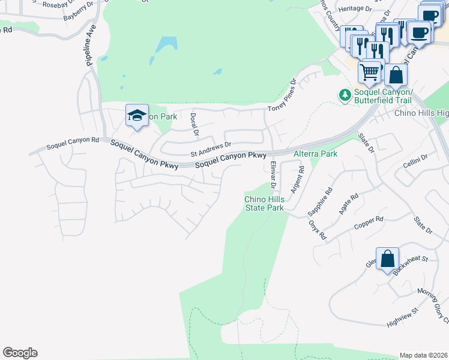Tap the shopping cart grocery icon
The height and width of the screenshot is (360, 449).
tap(370, 73)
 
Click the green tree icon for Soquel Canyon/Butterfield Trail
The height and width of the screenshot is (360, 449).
tap(345, 95)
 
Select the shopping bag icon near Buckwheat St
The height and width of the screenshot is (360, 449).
tap(388, 259)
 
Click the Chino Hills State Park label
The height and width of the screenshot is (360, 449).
tap(264, 203)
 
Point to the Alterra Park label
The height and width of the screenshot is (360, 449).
tap(315, 154)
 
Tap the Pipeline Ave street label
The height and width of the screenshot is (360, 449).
tap(91, 45)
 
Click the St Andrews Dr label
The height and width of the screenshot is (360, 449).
tap(211, 149)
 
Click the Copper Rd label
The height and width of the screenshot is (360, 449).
tap(369, 223)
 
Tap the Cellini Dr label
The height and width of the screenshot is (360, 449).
tap(415, 160)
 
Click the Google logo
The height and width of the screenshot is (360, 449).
tap(20, 353)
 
